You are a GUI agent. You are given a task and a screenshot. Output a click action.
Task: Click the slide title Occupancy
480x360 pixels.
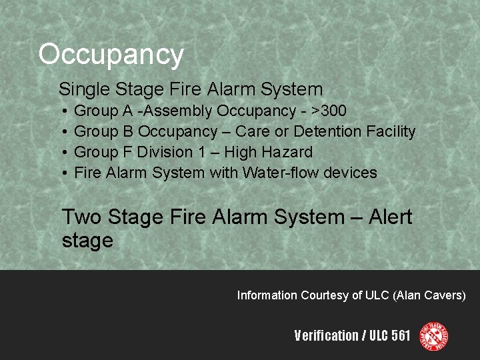pos(111,55)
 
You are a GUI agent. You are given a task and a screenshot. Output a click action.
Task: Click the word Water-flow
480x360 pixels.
pos(281,173)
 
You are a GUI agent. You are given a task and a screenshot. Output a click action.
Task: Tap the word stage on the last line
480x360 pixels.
pos(87,241)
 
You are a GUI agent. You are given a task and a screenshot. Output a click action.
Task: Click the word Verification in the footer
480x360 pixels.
pos(326,335)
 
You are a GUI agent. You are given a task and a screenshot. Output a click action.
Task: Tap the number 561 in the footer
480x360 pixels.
pos(401,335)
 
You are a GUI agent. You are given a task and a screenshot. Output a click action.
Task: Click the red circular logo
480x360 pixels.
pos(433,336)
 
